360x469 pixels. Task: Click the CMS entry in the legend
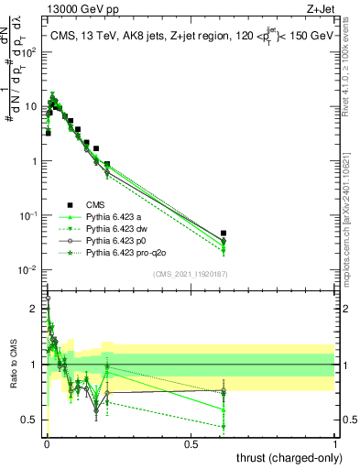(x=95, y=204)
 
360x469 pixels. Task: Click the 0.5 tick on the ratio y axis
(x=34, y=420)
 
